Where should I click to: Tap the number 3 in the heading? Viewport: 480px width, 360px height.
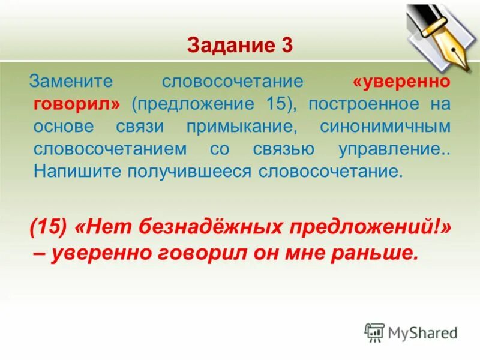click(286, 45)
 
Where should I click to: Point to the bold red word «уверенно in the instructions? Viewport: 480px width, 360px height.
click(401, 81)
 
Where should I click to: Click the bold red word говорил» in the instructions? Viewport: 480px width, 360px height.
click(77, 103)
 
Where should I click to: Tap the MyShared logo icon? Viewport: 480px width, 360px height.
click(374, 332)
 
